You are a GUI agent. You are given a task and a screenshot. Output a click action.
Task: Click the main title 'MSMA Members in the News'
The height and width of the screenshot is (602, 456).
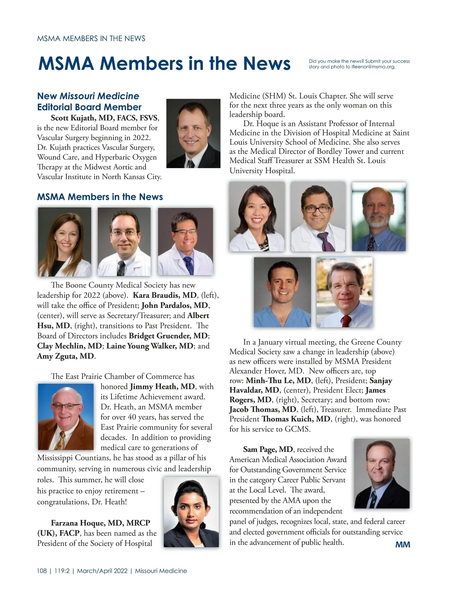164,64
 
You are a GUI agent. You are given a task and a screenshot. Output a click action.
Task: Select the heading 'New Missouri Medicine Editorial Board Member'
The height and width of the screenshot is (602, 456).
89,102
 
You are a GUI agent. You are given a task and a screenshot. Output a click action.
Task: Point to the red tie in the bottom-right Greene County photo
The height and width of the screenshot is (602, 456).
345,320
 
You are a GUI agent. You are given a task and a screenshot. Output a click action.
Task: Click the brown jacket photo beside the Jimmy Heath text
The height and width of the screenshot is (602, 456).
66,417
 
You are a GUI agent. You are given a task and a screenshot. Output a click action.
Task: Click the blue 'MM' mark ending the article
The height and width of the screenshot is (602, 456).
402,545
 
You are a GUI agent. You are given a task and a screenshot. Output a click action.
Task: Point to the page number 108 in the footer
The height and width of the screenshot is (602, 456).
42,571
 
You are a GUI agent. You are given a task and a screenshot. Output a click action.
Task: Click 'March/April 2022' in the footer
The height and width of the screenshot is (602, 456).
102,571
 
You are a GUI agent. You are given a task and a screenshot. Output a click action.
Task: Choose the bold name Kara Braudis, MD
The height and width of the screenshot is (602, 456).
165,295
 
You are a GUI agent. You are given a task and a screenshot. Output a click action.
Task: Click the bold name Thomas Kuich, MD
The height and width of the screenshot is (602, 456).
296,419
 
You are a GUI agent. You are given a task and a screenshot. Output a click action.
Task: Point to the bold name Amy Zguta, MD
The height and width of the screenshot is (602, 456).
65,356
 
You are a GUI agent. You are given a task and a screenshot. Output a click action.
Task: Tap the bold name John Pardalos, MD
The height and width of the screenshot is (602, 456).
174,305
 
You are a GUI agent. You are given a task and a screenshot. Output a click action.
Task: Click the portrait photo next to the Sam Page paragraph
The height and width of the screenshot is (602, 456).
382,473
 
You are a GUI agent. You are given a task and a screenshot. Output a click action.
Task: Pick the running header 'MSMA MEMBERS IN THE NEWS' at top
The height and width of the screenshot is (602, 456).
91,38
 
